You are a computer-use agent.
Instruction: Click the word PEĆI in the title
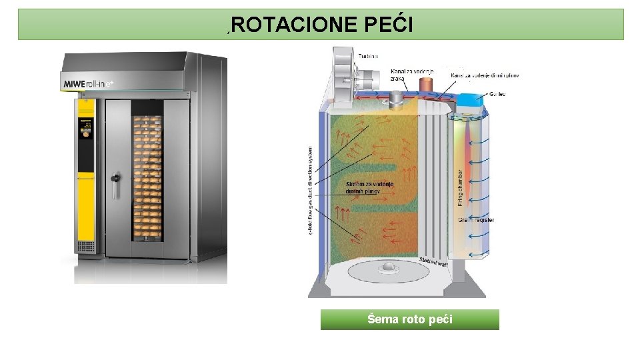pos(390,25)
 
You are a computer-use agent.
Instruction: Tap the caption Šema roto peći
pos(409,319)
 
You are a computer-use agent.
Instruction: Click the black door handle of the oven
pos(116,181)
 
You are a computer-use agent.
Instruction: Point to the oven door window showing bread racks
pos(147,176)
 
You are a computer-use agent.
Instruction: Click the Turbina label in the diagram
pos(369,56)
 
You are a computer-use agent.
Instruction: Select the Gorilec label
pos(497,94)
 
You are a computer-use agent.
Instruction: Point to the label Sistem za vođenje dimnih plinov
pos(370,187)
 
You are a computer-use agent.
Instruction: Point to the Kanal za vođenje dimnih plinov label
pos(485,75)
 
